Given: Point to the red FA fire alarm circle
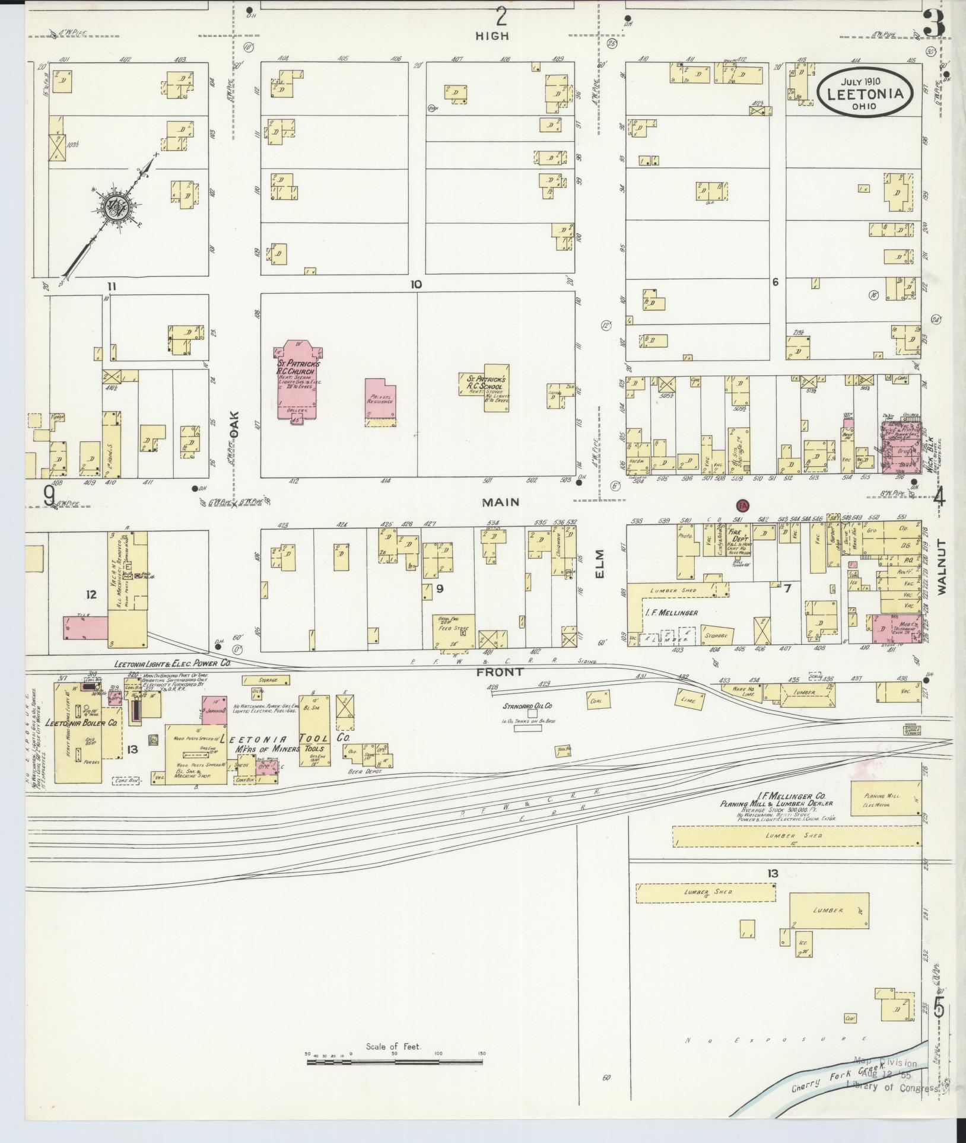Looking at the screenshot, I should coord(741,505).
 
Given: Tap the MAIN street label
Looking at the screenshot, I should coord(500,502).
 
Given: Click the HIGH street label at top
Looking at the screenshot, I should coord(492,36).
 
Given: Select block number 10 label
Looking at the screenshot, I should coord(415,285).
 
